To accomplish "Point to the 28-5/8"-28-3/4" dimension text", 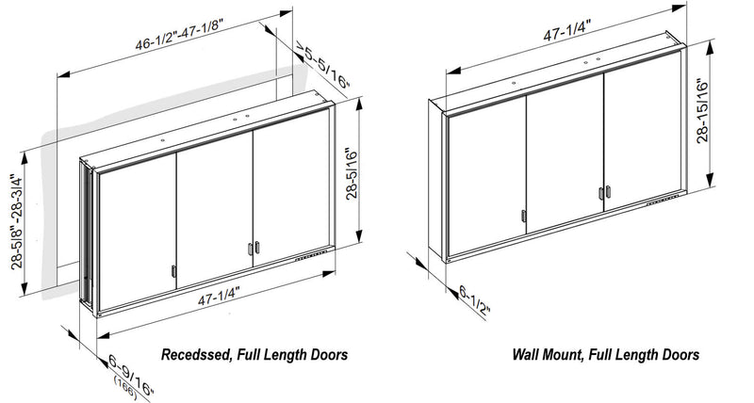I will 18,218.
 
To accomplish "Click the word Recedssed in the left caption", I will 196,355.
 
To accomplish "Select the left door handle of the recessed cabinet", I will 172,273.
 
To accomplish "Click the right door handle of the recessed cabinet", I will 252,249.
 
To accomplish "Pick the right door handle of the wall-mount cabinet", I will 600,193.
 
